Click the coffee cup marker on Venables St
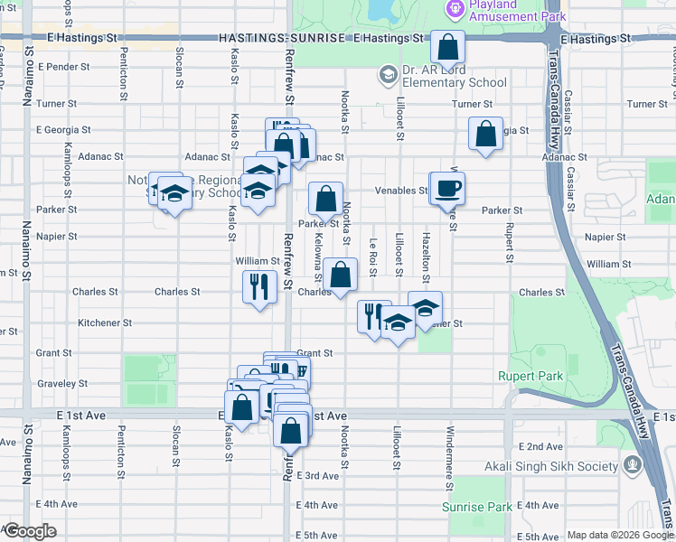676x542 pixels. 446,188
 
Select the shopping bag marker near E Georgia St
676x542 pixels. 485,133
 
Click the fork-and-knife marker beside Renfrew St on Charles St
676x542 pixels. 259,286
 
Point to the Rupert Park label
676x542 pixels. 530,376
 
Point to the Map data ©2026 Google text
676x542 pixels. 619,535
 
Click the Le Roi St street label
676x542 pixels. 372,255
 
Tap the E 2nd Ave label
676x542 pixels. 541,447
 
